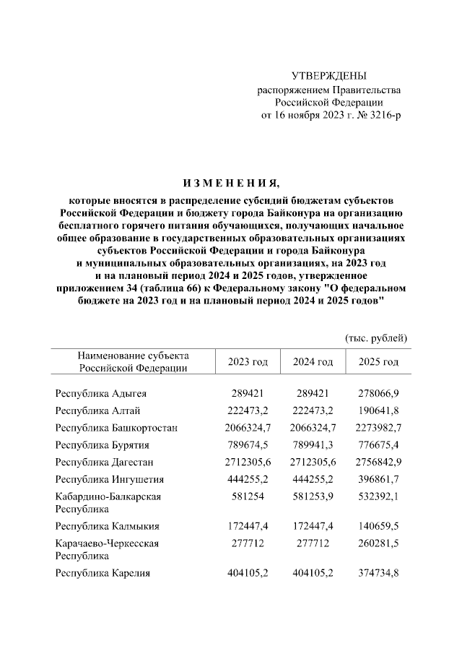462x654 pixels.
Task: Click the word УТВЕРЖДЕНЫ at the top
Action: [x=328, y=76]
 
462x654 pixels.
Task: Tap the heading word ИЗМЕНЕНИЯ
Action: [x=231, y=181]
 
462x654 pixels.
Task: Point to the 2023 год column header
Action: [x=248, y=361]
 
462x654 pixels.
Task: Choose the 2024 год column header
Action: [x=313, y=361]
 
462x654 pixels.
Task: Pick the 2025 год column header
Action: [x=378, y=361]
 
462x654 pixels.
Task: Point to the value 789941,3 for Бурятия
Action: [x=313, y=445]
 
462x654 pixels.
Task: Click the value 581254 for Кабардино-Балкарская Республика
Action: [x=248, y=496]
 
